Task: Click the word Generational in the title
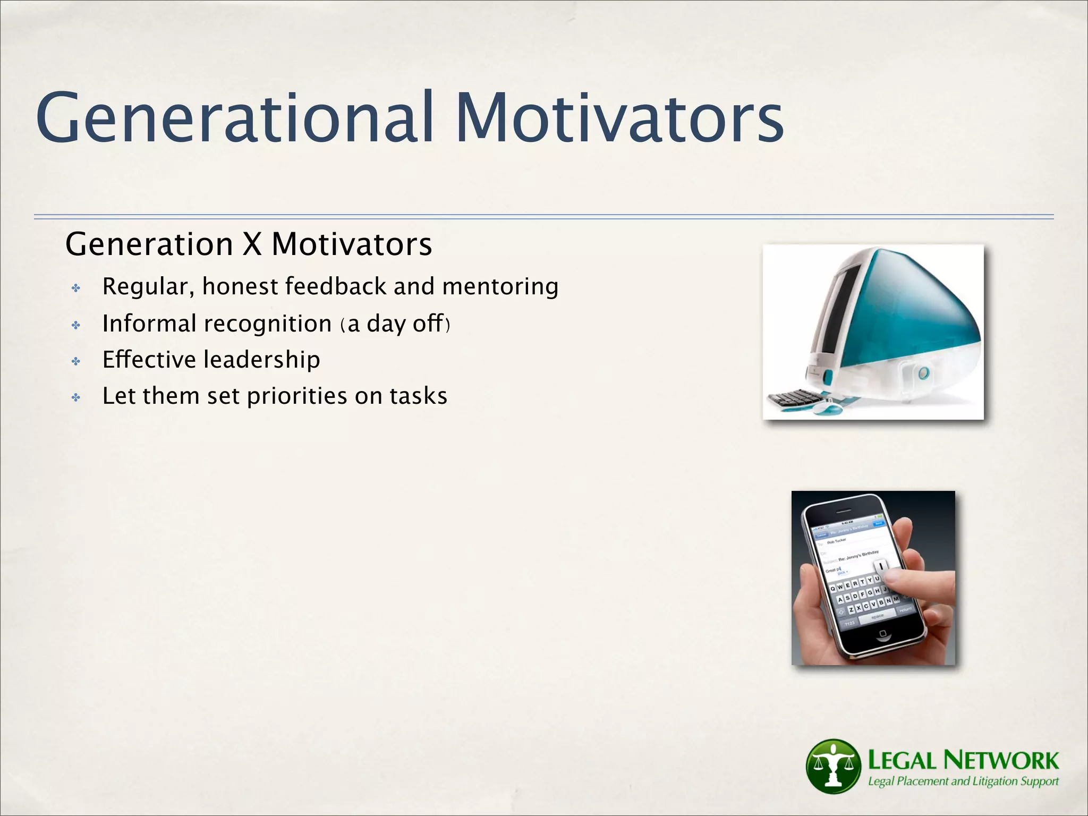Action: pyautogui.click(x=234, y=118)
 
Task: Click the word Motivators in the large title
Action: pyautogui.click(x=619, y=118)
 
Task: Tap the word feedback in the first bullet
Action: pyautogui.click(x=336, y=286)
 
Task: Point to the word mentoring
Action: pyautogui.click(x=500, y=286)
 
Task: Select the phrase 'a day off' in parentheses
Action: pyautogui.click(x=395, y=324)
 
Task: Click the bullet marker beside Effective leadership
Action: pyautogui.click(x=76, y=362)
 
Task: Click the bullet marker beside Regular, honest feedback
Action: pyautogui.click(x=76, y=288)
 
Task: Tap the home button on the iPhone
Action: pyautogui.click(x=882, y=633)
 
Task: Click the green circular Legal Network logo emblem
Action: pyautogui.click(x=833, y=766)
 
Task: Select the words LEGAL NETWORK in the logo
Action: pyautogui.click(x=963, y=760)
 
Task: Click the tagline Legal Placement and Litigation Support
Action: pyautogui.click(x=963, y=781)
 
